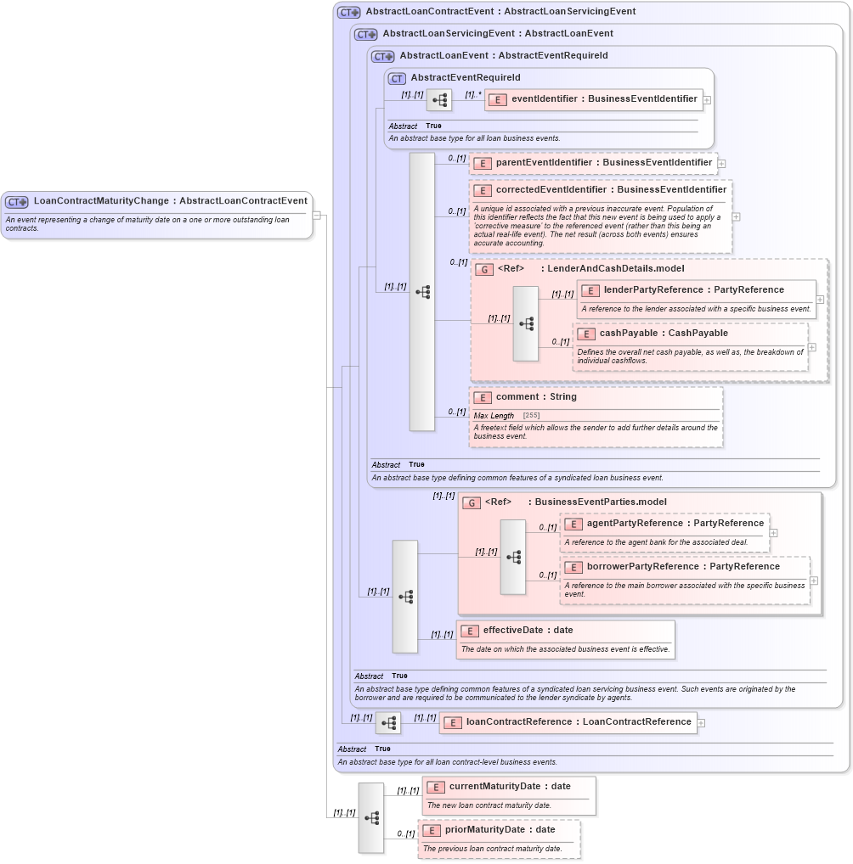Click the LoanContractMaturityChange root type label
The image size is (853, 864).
(x=169, y=201)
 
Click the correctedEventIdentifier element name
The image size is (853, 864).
(x=610, y=190)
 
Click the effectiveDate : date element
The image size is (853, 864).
(x=527, y=631)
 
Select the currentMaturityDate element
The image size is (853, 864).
(x=509, y=787)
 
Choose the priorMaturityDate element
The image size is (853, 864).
(x=500, y=830)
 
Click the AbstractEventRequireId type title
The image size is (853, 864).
(x=465, y=78)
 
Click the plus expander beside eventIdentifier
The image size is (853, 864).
(x=707, y=100)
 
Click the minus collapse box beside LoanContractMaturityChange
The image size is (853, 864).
(x=317, y=215)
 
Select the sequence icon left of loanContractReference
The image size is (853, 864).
(x=388, y=723)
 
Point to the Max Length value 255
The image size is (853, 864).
(x=531, y=415)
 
